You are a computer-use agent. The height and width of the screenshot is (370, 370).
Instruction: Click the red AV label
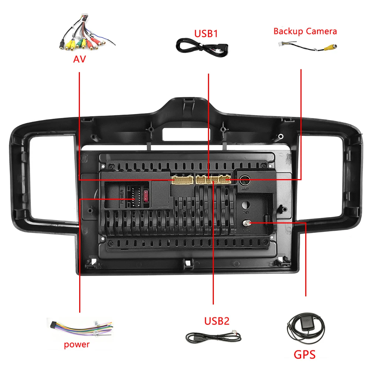(79, 59)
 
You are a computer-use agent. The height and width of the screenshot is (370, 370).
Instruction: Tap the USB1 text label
(206, 34)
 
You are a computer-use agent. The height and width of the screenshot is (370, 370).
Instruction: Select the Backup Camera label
(305, 31)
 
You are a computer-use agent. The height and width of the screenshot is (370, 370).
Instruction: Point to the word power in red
(77, 344)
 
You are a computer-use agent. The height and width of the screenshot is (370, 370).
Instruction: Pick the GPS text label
(305, 354)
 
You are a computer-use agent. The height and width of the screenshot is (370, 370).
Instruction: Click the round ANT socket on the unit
(245, 181)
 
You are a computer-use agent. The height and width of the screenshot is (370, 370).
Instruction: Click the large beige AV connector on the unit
(181, 180)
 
